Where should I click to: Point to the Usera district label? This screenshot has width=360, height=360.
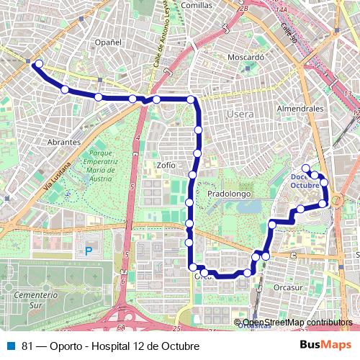point(239,114)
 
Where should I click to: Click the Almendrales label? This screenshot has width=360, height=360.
point(300,107)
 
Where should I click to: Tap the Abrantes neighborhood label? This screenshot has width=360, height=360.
point(63,142)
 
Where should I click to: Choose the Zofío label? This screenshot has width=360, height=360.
point(166,165)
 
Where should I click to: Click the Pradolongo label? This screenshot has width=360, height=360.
point(228,194)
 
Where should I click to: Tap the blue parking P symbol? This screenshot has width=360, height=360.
point(89,251)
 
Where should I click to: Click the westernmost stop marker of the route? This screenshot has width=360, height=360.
point(38,64)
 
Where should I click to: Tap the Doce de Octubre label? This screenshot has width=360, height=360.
point(304,181)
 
